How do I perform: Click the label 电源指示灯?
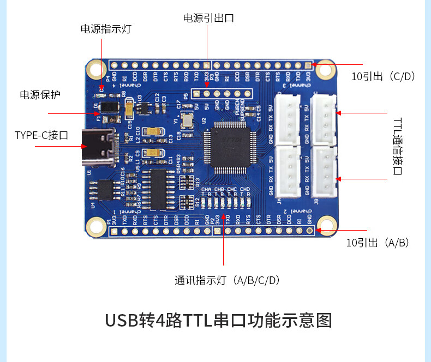tap(106, 29)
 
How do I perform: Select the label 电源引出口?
tap(208, 18)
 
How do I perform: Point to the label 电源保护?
tap(40, 95)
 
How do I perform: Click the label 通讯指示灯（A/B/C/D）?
tap(228, 281)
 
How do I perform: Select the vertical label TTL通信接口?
tap(397, 146)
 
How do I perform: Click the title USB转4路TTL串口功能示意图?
tap(218, 320)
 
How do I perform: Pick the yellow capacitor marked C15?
tap(129, 110)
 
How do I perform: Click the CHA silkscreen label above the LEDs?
tap(206, 189)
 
